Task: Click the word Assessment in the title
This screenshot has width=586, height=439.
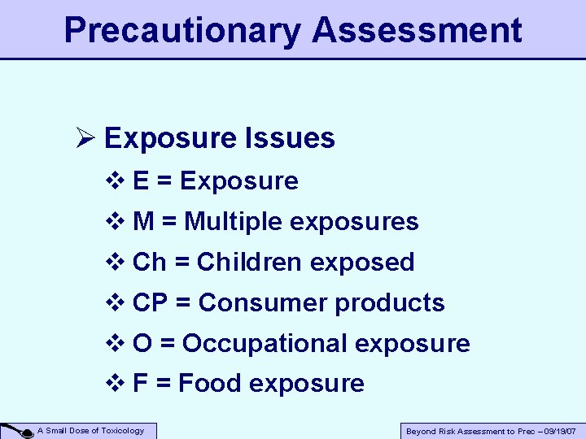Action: pos(417,31)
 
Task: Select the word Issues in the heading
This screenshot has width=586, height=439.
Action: pos(298,138)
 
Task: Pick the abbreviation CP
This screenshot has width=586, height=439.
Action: pos(150,302)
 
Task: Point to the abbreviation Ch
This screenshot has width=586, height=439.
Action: pos(148,262)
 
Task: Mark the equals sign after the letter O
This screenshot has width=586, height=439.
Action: pos(168,344)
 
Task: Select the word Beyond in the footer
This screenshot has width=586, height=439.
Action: pos(421,431)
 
